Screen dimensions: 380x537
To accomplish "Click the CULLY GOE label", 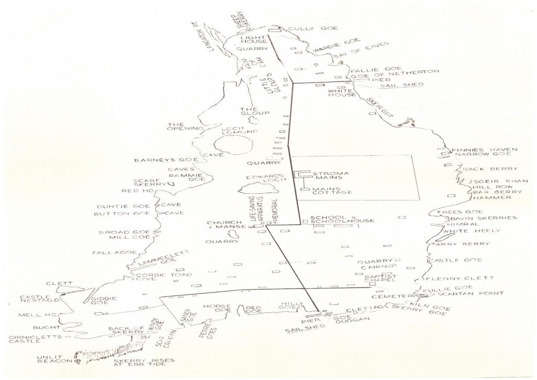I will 306,28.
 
